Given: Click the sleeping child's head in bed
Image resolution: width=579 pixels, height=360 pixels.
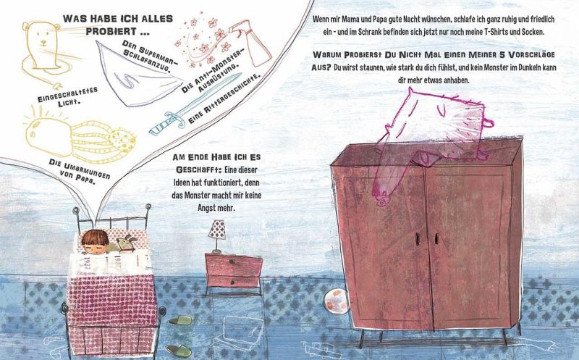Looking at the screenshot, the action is click(95, 242).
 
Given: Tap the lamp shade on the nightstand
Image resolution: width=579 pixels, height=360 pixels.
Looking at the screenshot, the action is click(216, 229).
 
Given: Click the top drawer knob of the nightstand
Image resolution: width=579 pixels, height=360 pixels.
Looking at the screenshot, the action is click(232, 261).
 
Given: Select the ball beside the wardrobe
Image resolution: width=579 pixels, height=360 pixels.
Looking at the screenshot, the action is click(336, 301).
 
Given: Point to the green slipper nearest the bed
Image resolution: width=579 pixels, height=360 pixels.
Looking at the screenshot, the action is click(180, 320).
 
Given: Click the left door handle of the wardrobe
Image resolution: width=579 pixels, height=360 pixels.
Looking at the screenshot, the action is click(417, 238).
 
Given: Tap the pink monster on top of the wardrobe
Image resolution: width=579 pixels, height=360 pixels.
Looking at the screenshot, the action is click(432, 137).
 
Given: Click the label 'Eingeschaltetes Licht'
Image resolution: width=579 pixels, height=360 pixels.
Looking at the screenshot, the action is click(67, 96).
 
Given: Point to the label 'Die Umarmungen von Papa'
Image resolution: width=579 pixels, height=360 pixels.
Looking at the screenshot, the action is click(78, 172).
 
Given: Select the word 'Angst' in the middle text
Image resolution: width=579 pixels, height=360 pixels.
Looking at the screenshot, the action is click(206, 208).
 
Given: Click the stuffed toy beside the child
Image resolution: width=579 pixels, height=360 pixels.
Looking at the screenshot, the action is click(125, 244).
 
